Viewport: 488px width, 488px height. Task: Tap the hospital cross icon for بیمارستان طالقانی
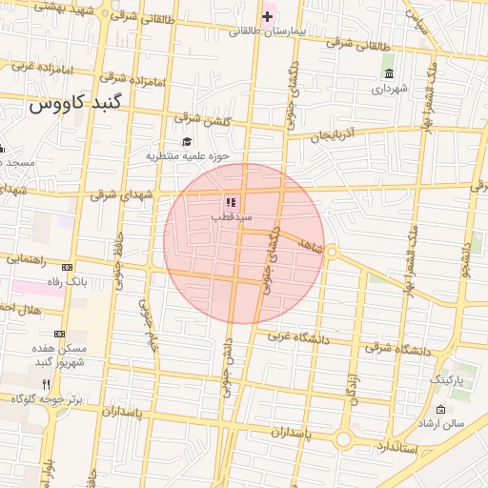(x=267, y=16)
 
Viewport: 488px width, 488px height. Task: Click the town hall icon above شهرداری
(x=388, y=74)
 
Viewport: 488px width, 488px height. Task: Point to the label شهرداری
(x=389, y=89)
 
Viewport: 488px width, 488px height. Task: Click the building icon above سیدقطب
(x=230, y=202)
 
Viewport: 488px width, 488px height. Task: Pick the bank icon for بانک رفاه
(x=67, y=268)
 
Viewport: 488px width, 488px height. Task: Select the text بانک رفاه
(x=67, y=282)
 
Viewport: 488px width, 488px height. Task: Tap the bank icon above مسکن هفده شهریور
(x=60, y=334)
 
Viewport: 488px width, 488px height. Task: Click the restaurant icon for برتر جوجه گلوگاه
(x=47, y=383)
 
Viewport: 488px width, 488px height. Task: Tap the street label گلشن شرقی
(x=201, y=118)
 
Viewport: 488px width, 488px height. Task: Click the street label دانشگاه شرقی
(x=396, y=350)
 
